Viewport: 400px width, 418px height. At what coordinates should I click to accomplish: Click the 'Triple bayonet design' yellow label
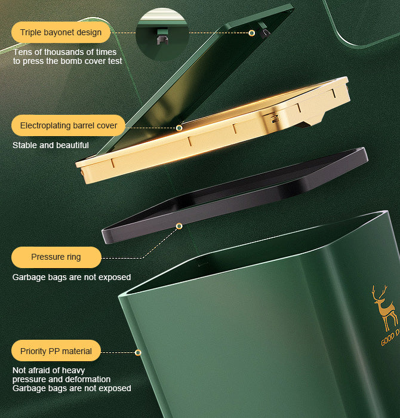[61, 32]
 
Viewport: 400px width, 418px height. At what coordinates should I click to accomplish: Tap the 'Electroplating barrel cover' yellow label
[69, 125]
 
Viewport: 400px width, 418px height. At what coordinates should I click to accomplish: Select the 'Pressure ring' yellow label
[56, 257]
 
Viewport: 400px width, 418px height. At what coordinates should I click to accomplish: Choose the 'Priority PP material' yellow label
[56, 351]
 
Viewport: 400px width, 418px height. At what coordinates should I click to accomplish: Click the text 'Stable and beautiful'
[51, 145]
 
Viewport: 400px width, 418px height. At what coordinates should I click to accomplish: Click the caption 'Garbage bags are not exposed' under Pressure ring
[72, 277]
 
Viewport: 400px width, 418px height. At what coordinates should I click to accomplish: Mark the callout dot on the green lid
[252, 33]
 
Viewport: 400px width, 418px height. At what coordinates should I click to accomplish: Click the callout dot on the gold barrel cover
[179, 128]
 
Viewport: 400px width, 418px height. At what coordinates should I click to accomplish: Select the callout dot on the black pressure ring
[179, 226]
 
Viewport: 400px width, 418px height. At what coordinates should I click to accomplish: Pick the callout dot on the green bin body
[138, 353]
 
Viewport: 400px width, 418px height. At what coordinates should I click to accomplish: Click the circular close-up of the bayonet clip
[162, 35]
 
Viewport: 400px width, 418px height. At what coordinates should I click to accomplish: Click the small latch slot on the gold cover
[275, 119]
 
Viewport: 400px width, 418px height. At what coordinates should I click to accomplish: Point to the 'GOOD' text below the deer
[387, 339]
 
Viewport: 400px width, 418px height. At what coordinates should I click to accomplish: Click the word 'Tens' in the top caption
[23, 52]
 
